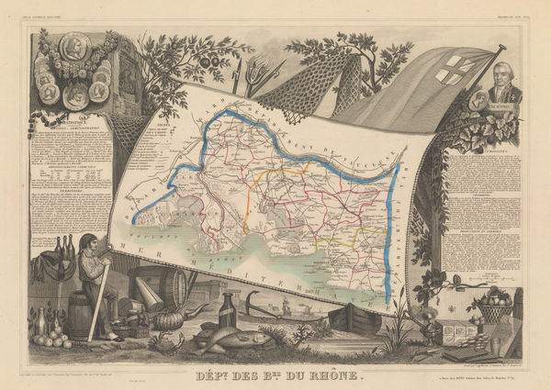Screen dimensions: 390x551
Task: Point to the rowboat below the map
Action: pos(354,319)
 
